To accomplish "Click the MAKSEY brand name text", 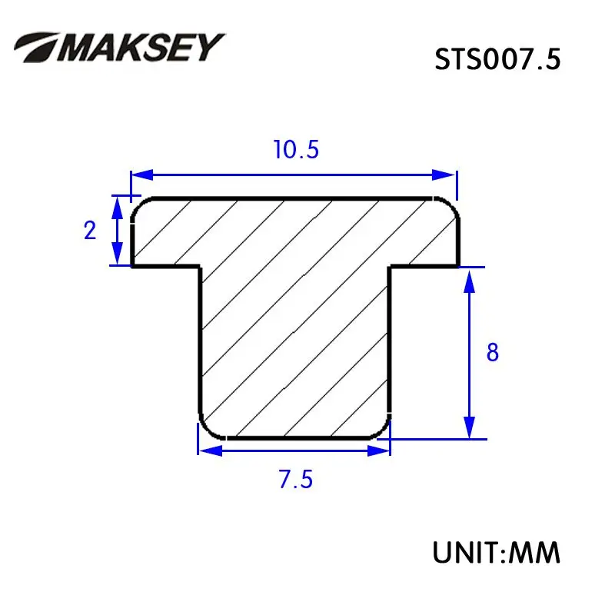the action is point(141,47).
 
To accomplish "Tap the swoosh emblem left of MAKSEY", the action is point(35,47).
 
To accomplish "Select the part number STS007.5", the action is point(497,60).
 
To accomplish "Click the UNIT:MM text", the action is point(496,552).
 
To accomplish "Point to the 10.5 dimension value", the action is point(296,150).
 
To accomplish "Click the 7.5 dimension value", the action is point(296,479).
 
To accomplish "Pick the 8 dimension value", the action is point(493,352).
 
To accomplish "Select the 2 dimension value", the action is point(90,230).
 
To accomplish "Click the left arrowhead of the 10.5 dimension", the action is point(141,175).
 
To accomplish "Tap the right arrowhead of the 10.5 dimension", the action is point(444,175).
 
